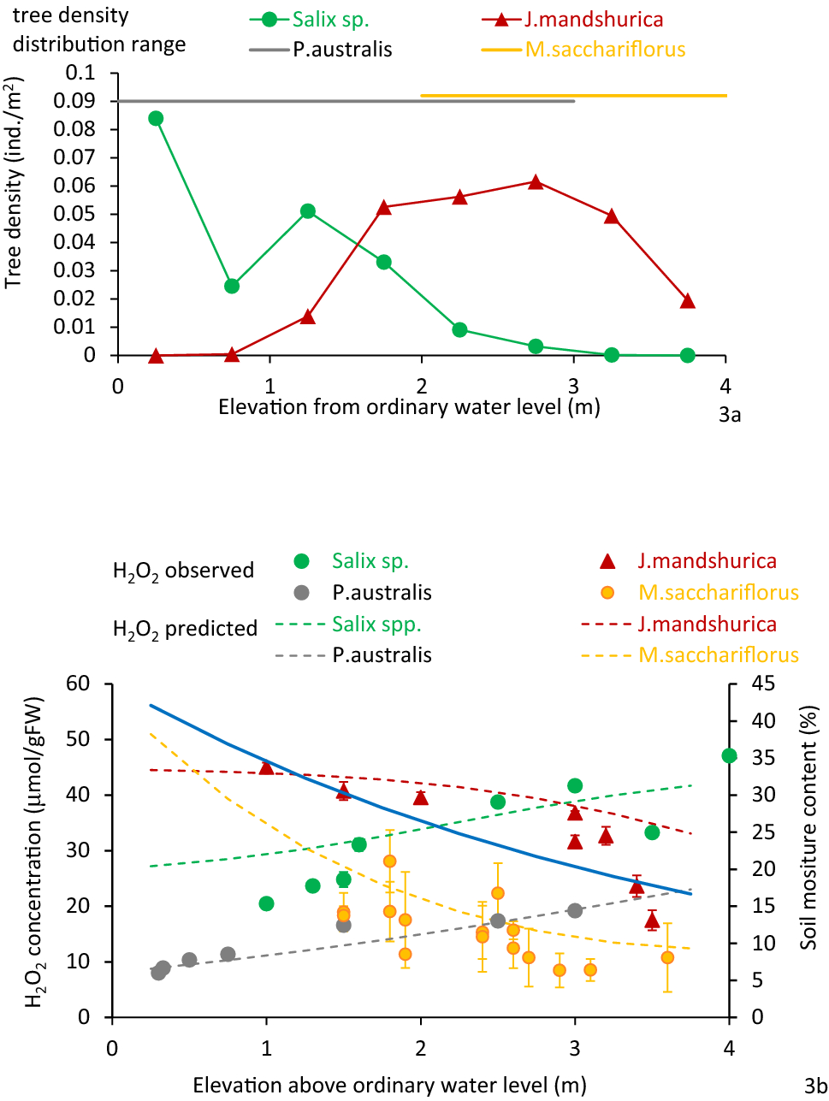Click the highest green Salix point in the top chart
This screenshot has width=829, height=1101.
tap(156, 118)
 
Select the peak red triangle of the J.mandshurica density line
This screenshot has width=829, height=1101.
tap(536, 182)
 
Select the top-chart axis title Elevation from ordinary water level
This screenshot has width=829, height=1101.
tap(409, 406)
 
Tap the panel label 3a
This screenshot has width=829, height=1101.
tap(729, 416)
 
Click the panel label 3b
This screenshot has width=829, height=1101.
tap(815, 1086)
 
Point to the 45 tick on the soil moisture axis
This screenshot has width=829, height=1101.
tap(763, 684)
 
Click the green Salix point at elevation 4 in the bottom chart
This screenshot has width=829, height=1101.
tap(729, 755)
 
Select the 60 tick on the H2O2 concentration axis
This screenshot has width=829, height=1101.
tap(78, 684)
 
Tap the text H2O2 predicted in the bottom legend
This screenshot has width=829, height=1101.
tap(185, 630)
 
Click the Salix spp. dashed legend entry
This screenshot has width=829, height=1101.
tap(376, 624)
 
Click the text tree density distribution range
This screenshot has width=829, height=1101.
tap(98, 30)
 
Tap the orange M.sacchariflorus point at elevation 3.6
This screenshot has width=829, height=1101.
tap(667, 957)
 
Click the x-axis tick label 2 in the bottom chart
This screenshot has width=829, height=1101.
tap(421, 1048)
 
